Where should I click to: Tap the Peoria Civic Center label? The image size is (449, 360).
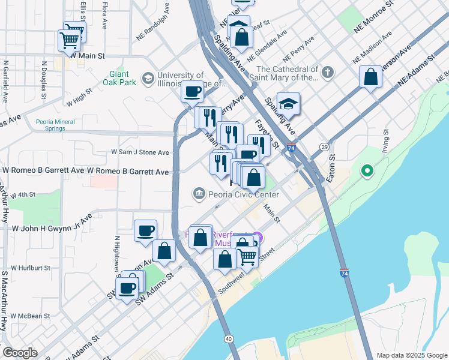click(243, 194)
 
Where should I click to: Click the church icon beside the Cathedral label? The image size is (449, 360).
click(327, 73)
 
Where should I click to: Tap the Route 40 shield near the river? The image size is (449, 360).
click(229, 339)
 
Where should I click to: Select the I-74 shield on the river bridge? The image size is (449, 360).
click(344, 272)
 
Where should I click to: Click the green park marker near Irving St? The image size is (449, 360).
click(367, 172)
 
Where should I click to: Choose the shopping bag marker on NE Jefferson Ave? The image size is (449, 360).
click(371, 77)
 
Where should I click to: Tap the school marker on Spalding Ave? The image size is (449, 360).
click(288, 104)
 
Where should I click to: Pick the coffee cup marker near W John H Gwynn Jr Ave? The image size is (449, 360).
click(145, 231)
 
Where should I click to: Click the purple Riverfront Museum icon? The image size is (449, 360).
click(258, 238)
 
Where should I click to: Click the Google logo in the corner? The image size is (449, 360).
click(20, 353)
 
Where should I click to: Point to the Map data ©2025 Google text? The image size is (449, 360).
click(411, 355)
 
